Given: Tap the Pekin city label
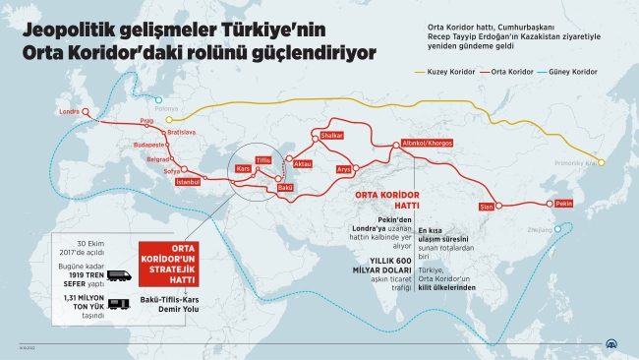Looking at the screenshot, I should point(563,202).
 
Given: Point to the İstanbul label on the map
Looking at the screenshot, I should point(187,182).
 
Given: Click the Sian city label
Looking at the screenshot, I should point(485,207).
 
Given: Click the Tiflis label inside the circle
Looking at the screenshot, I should point(262,158).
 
